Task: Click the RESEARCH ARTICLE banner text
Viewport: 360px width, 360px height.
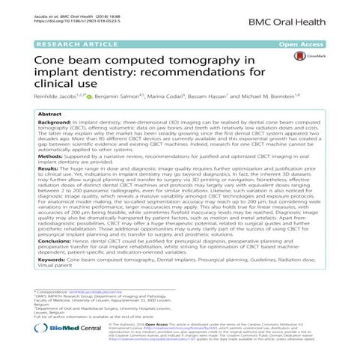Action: click(70, 45)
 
